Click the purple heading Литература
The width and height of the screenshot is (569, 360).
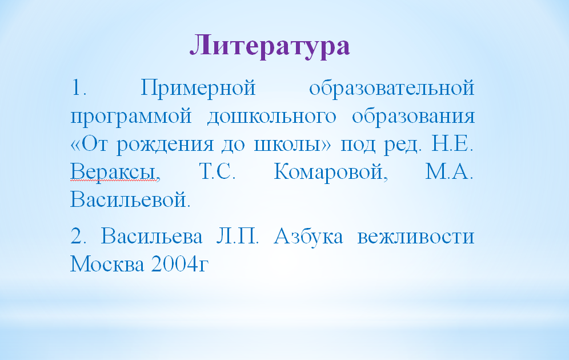tap(270, 45)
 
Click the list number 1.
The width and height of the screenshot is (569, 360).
tap(78, 88)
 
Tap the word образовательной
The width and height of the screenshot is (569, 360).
tap(391, 88)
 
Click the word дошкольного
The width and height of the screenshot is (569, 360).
tap(272, 117)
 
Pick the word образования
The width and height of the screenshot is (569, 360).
tap(413, 117)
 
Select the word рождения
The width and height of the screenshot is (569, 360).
tap(165, 145)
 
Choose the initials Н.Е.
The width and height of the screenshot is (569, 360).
tap(452, 143)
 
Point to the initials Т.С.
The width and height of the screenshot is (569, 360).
tap(217, 171)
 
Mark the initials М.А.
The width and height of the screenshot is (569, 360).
tap(449, 171)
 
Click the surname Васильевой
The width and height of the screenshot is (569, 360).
tap(130, 199)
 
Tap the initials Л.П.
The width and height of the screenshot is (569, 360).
tap(237, 236)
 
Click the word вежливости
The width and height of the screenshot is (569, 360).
tap(416, 237)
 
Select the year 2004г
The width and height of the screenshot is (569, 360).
tap(179, 264)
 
